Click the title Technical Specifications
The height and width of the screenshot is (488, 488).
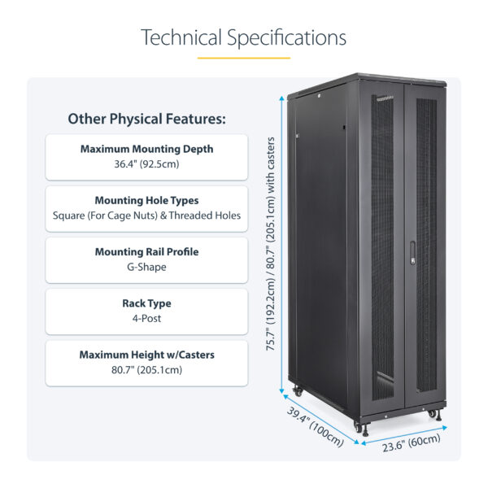pos(243,37)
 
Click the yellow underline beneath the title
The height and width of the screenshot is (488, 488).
pos(243,58)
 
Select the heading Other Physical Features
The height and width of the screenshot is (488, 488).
pos(146,119)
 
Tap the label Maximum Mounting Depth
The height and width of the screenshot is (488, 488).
pos(146,149)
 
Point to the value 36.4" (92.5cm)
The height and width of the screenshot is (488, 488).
pos(146,164)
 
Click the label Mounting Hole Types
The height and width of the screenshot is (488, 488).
pos(146,200)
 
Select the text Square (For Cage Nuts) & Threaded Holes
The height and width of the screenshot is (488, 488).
pos(146,216)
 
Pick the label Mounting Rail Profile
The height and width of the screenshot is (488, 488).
pos(146,251)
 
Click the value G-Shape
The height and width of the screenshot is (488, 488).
pos(146,267)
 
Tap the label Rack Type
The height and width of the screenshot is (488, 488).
pos(146,303)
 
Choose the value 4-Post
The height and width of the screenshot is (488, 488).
pos(146,318)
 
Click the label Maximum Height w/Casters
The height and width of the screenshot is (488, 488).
pos(146,355)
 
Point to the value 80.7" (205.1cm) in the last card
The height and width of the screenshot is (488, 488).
pos(146,369)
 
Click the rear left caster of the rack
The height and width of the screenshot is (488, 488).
pos(297,392)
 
